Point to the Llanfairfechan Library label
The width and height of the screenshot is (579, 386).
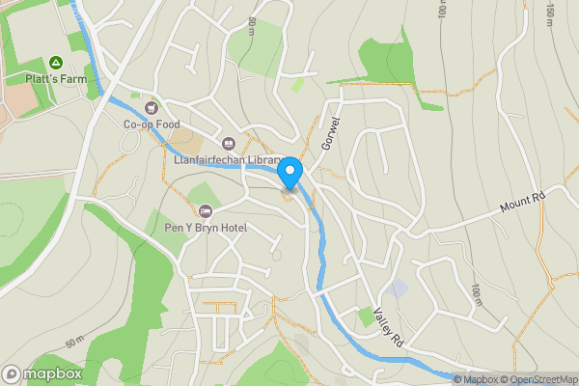tap(228, 160)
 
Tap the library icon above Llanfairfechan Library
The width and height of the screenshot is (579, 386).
tap(228, 144)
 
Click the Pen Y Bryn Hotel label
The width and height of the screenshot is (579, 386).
tap(205, 228)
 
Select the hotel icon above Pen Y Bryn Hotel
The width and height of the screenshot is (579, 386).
tap(204, 211)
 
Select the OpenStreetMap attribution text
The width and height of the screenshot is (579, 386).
tap(538, 379)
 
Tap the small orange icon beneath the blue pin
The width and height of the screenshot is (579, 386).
tap(287, 197)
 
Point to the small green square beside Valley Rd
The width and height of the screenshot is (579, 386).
tap(365, 316)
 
